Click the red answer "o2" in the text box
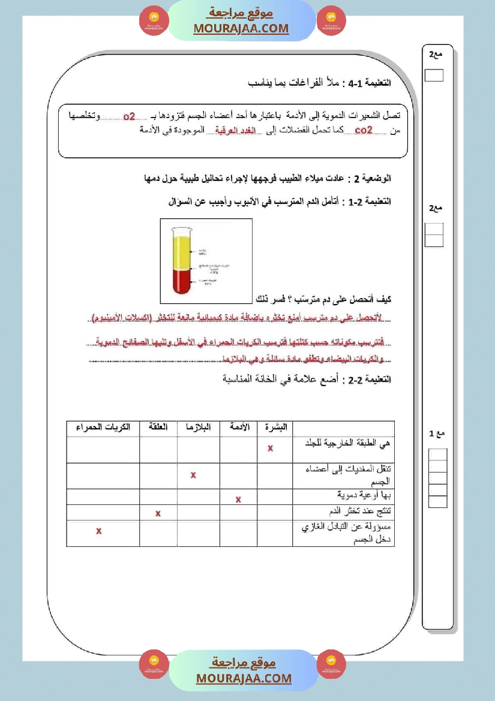(129, 116)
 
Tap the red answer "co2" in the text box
(364, 130)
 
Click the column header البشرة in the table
(275, 428)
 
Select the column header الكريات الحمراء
(103, 428)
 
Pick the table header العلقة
(158, 428)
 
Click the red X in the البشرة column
(271, 448)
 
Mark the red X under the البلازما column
(193, 475)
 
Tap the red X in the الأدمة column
(238, 499)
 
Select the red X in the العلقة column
(158, 513)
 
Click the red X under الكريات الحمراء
(99, 531)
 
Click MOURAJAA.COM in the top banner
(241, 28)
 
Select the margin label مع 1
(437, 434)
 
